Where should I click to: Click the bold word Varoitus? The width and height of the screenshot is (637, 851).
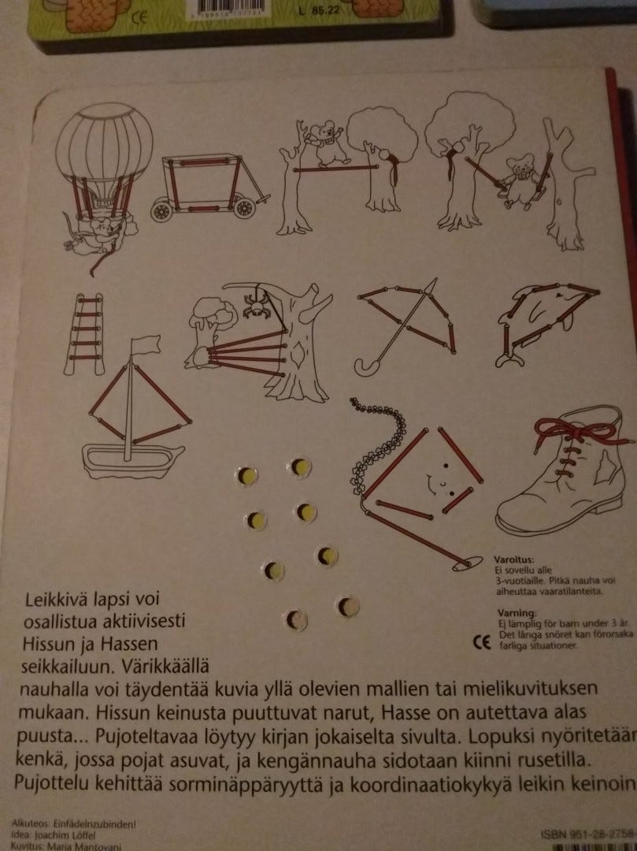pos(514,557)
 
